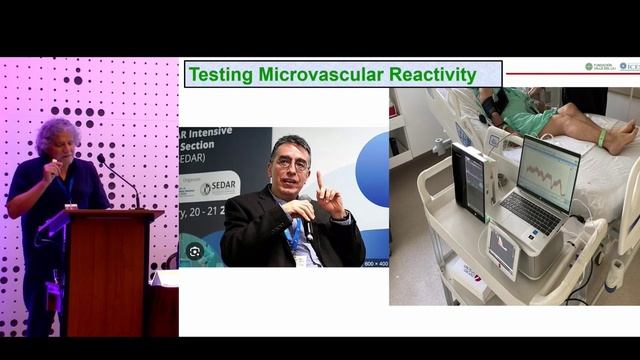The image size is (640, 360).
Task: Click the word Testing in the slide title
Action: pos(221,74)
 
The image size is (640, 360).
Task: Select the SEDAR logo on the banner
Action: pos(218,188)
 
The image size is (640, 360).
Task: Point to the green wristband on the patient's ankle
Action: pos(601,138)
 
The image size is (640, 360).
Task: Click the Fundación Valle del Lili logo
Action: pos(601,66)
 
